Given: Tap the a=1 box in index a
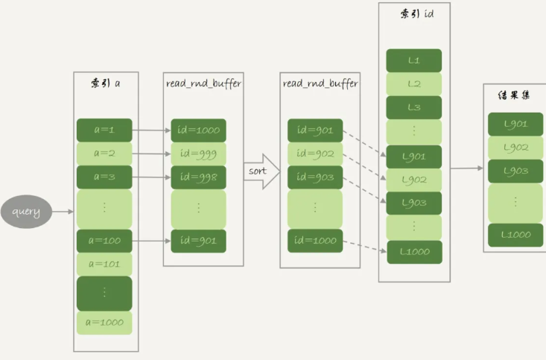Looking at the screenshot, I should point(104,130).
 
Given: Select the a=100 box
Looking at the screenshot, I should point(104,241).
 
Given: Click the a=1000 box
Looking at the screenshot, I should point(104,322).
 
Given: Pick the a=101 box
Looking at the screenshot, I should point(104,263).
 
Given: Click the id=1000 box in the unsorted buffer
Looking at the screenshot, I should point(198,130).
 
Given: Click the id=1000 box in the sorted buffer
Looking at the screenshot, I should point(315,241).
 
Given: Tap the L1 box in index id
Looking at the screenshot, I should point(414,60).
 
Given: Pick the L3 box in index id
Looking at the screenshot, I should point(414,107).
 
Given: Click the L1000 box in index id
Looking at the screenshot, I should point(414,251).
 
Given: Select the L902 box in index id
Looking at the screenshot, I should point(414,180).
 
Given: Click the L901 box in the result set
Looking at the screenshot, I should point(515,124).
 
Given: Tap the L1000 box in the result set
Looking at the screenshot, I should point(515,234).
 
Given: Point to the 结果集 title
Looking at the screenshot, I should point(514,95).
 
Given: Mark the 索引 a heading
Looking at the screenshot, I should point(106,83).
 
